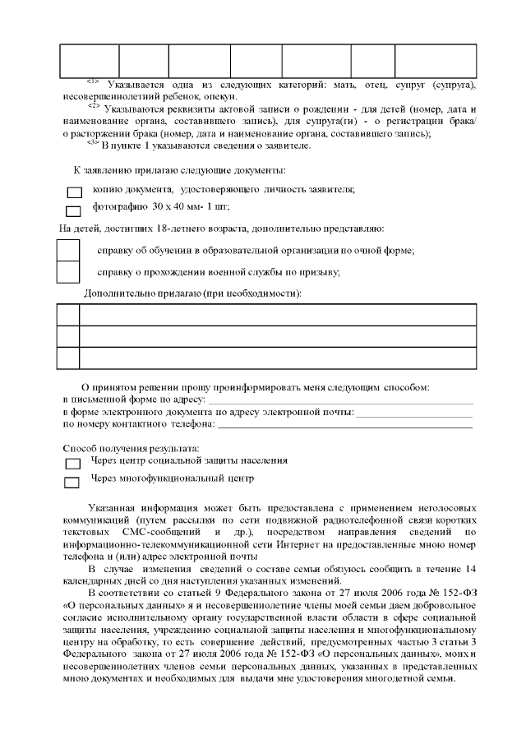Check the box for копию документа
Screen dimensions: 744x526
tap(73, 192)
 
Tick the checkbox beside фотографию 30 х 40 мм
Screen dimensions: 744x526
tap(73, 211)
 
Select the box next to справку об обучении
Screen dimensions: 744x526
tap(67, 250)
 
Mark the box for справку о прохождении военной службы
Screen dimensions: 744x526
tap(67, 271)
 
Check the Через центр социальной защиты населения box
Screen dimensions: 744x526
tap(72, 464)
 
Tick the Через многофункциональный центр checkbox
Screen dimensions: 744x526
tap(72, 482)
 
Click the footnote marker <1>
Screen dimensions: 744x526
tap(92, 81)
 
